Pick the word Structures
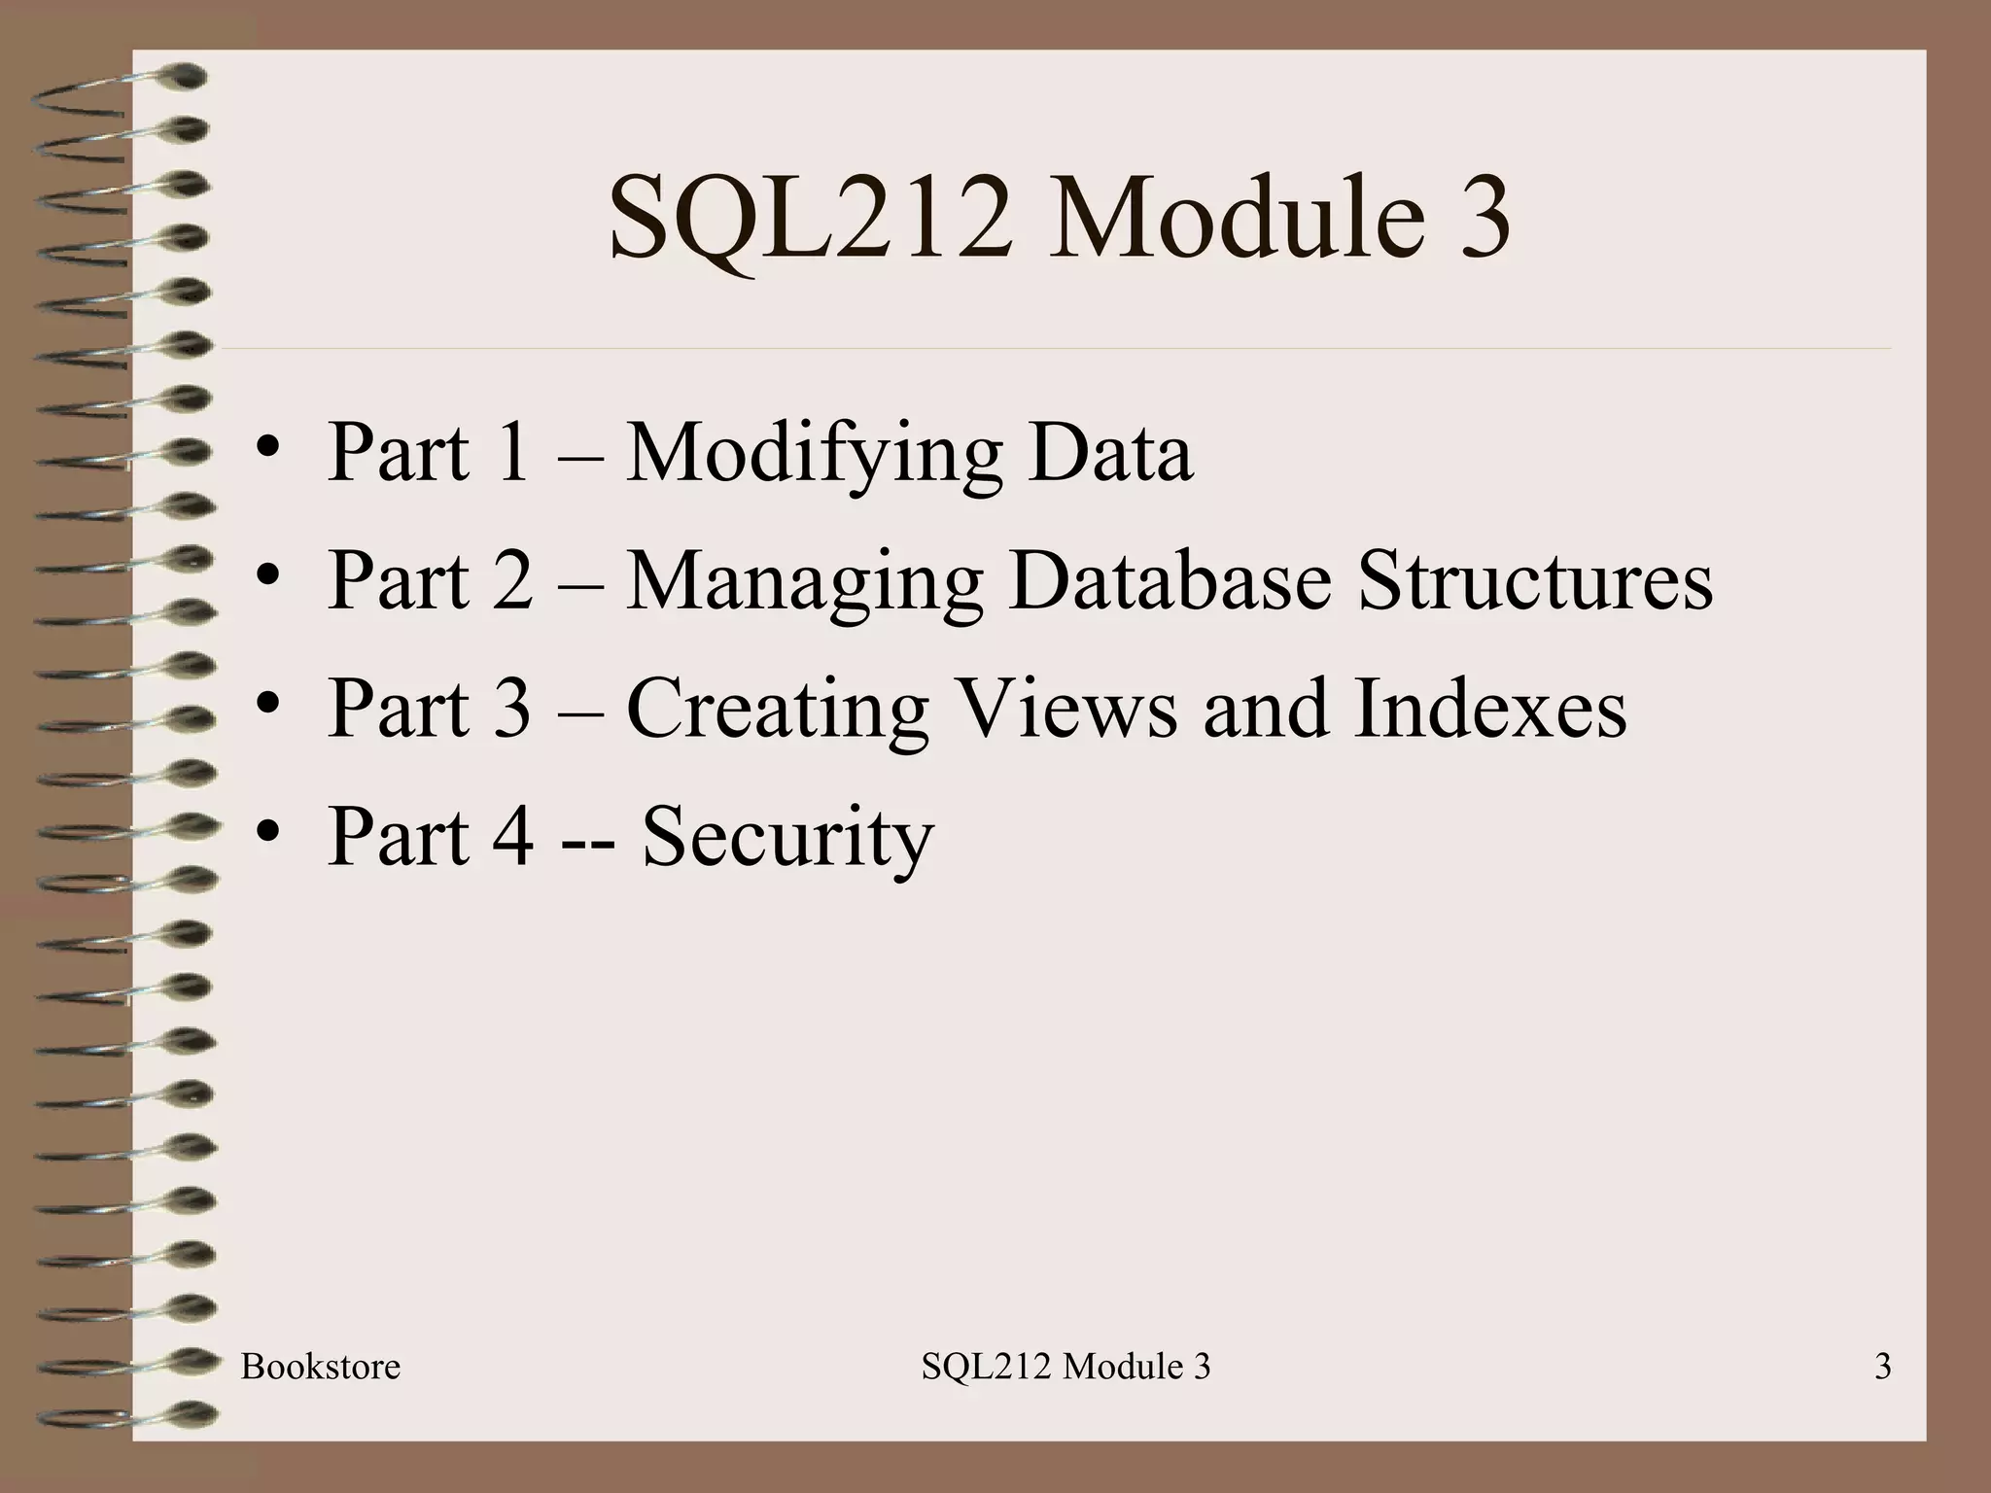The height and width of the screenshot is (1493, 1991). click(1534, 580)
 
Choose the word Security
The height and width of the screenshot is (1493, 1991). click(787, 838)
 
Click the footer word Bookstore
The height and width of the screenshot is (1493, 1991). click(320, 1367)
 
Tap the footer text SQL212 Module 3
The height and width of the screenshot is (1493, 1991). click(1065, 1367)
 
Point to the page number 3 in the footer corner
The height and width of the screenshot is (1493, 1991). click(1882, 1367)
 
